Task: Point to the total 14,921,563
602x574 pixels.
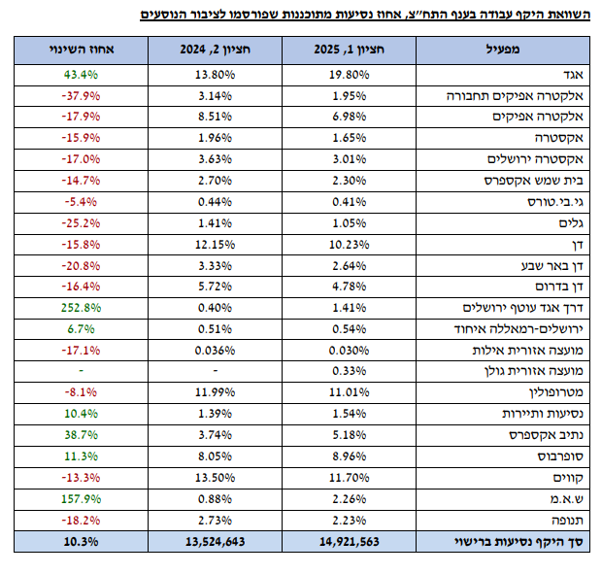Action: coord(340,542)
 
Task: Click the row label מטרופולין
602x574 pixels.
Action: coord(538,391)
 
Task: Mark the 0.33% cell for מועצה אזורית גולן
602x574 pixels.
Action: coord(344,371)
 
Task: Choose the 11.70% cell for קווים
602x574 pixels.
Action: coord(344,477)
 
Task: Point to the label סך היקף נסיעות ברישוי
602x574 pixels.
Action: coord(510,542)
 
